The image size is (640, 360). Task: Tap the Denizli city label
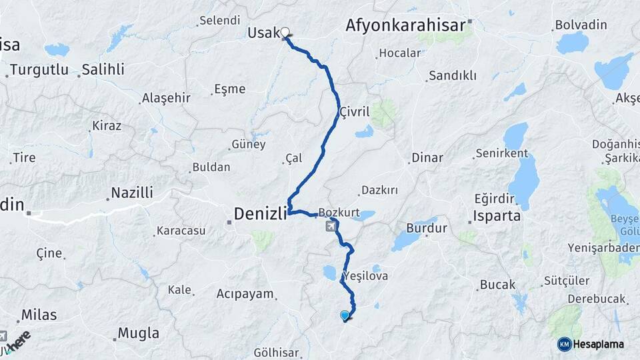pyautogui.click(x=260, y=213)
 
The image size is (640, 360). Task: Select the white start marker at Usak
pyautogui.click(x=285, y=32)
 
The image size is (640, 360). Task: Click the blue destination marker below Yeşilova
pyautogui.click(x=345, y=316)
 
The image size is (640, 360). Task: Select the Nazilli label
pyautogui.click(x=131, y=193)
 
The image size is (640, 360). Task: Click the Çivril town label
pyautogui.click(x=354, y=111)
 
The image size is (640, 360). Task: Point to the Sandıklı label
pyautogui.click(x=453, y=76)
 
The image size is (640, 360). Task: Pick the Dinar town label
pyautogui.click(x=427, y=158)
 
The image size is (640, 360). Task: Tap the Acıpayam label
pyautogui.click(x=245, y=293)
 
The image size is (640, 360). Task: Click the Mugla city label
pyautogui.click(x=138, y=333)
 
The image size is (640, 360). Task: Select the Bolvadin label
pyautogui.click(x=581, y=25)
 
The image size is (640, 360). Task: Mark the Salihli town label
pyautogui.click(x=103, y=70)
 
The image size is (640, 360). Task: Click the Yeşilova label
pyautogui.click(x=364, y=275)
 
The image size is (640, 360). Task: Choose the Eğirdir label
pyautogui.click(x=494, y=198)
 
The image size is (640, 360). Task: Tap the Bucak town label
pyautogui.click(x=497, y=285)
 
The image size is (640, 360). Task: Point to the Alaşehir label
pyautogui.click(x=166, y=98)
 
